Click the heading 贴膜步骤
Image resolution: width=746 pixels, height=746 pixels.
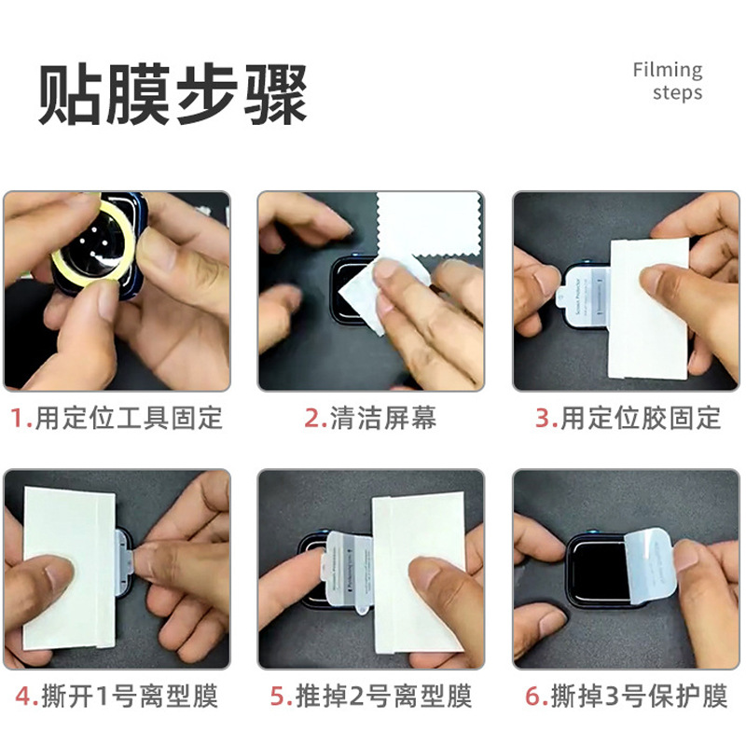pyautogui.click(x=173, y=95)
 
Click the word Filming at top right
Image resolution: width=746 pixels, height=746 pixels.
pyautogui.click(x=667, y=70)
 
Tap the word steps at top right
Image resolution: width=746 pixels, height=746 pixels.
pyautogui.click(x=677, y=93)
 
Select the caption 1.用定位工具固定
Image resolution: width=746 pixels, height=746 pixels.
pyautogui.click(x=117, y=418)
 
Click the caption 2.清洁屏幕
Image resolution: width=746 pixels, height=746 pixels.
pyautogui.click(x=370, y=418)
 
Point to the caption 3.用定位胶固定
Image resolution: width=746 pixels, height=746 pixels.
pyautogui.click(x=628, y=418)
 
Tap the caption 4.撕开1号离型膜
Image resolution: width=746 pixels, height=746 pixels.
pyautogui.click(x=117, y=696)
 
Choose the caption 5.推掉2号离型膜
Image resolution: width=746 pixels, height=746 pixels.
pyautogui.click(x=370, y=696)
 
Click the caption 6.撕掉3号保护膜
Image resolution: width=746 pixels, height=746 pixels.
pyautogui.click(x=628, y=696)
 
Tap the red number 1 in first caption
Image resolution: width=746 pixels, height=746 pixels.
pyautogui.click(x=16, y=418)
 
